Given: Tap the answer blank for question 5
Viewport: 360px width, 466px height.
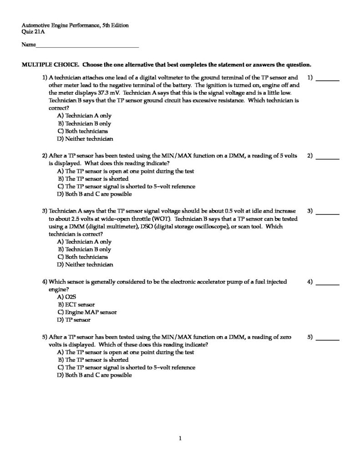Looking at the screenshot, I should (x=328, y=339).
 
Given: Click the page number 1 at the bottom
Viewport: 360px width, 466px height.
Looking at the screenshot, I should (x=180, y=439).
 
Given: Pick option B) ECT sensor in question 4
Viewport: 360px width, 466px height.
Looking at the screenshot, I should (x=76, y=304).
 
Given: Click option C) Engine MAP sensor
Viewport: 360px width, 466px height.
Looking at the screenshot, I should (x=87, y=312).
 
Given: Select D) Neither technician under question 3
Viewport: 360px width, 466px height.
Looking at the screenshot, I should (x=85, y=264).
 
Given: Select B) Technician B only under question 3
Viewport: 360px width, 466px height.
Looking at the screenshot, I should (x=84, y=249).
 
